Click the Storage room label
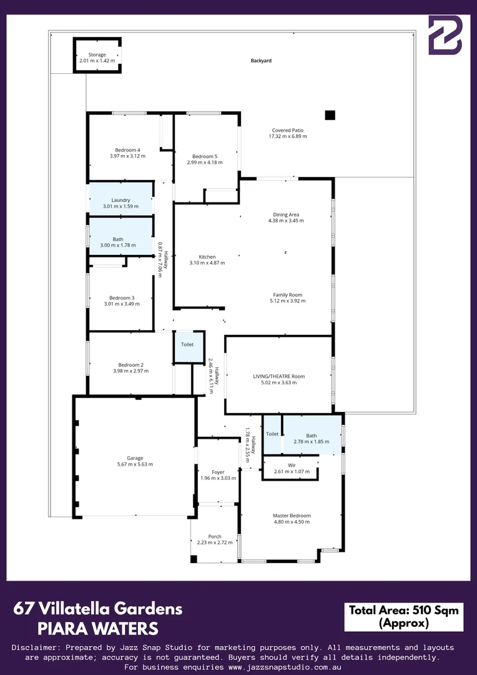[97, 55]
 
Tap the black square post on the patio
[330, 115]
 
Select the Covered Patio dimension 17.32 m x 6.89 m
[288, 136]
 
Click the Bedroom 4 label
[127, 150]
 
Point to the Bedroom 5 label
[205, 156]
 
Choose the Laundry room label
[120, 200]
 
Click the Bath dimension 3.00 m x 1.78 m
[118, 246]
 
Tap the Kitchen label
[207, 257]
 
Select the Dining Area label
[286, 214]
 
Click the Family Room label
[288, 294]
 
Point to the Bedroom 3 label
[122, 297]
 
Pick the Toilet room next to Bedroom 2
[187, 344]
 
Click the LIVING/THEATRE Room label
[278, 376]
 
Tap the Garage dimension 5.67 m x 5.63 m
[135, 464]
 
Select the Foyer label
[218, 472]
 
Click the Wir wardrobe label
[292, 465]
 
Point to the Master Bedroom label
[292, 516]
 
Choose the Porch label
[215, 537]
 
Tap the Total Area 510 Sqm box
[403, 616]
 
